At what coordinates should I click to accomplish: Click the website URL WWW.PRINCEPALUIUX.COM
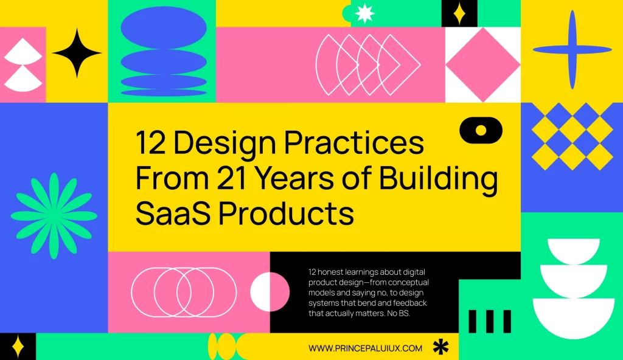tap(365, 348)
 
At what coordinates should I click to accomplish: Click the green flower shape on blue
tap(54, 213)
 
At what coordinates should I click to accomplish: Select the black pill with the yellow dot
tap(481, 130)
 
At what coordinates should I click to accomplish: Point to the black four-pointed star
tap(77, 53)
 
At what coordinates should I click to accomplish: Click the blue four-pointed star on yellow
tap(571, 49)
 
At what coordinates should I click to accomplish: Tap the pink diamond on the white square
tap(483, 64)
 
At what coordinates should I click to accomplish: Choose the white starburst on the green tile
tap(365, 13)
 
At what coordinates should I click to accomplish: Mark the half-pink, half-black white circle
tap(270, 291)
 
